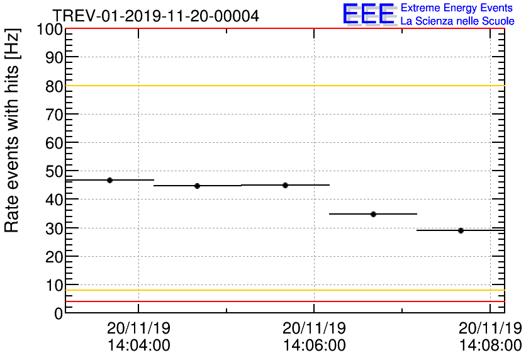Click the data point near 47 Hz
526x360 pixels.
pos(109,180)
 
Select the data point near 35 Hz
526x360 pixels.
pos(373,214)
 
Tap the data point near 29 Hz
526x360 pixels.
pos(461,230)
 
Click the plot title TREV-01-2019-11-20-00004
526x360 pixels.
pos(155,16)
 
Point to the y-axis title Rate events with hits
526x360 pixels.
pos(12,130)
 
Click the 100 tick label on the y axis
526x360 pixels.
pos(50,30)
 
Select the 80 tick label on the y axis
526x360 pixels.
pos(54,86)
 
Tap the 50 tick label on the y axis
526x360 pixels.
pos(54,171)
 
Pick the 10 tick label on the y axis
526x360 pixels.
pos(54,285)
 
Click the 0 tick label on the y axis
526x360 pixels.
pos(58,313)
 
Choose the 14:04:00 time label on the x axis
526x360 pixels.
pos(138,346)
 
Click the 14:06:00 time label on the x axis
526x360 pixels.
pos(314,346)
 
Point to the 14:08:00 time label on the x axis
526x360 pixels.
pos(490,346)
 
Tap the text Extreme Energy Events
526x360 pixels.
pos(456,8)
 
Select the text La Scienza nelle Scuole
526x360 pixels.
pos(457,21)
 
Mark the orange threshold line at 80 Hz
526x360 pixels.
pos(283,86)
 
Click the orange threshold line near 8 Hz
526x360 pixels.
pos(283,290)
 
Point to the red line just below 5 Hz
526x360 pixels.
pos(283,301)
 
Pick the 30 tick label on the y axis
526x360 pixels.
pos(54,228)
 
